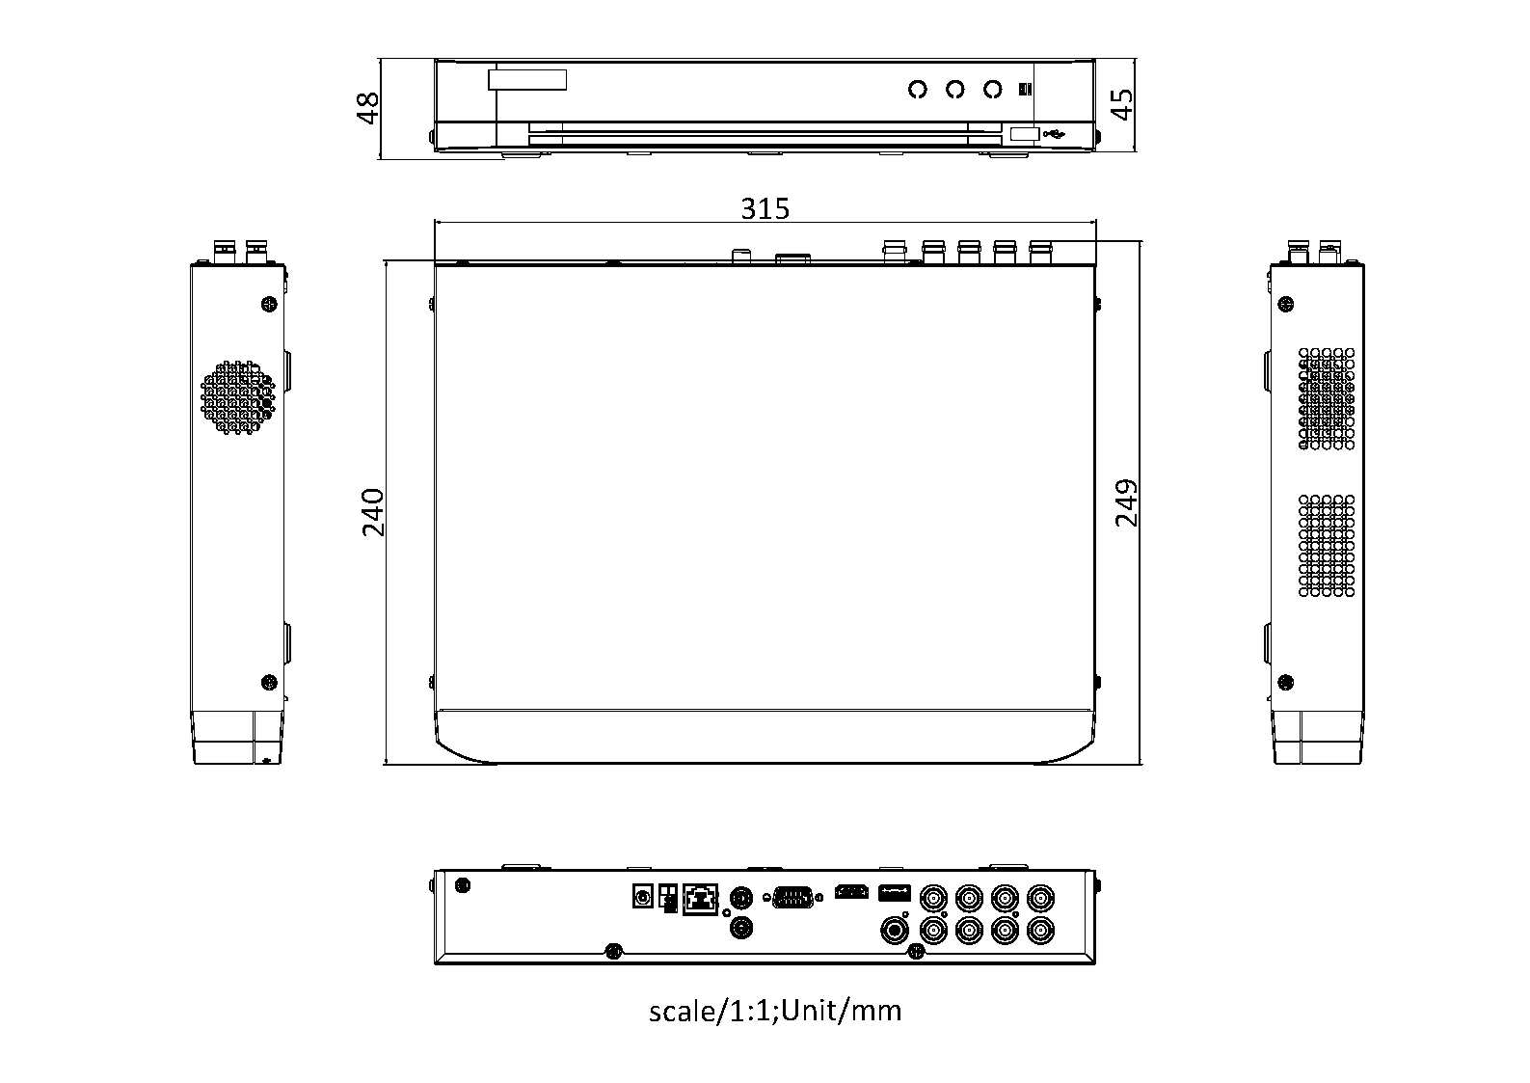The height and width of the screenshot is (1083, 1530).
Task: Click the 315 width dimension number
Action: coord(765,208)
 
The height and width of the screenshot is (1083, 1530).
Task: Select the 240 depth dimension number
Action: coord(373,512)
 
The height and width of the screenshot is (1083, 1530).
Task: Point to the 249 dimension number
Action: coord(1126,502)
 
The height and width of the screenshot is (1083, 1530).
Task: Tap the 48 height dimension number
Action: coord(367,108)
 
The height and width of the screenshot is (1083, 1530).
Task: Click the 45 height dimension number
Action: coord(1121,104)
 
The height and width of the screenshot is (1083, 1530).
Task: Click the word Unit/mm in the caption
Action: coord(841,1011)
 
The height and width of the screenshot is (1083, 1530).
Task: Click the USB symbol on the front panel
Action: coord(1054,134)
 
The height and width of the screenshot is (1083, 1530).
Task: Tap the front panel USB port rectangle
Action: coord(1025,134)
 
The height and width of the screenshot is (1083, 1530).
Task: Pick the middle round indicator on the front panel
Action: coord(954,90)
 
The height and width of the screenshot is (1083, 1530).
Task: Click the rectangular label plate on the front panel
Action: coord(527,79)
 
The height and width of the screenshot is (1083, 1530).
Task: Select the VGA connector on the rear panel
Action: coord(792,897)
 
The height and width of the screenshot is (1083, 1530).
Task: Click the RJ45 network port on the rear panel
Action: coord(700,899)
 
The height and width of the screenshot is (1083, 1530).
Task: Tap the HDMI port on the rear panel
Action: coord(851,892)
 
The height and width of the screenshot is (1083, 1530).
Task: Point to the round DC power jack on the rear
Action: coord(643,896)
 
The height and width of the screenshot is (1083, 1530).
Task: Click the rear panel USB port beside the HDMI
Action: coord(894,892)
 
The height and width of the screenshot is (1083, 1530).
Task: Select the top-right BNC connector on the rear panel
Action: coord(1040,898)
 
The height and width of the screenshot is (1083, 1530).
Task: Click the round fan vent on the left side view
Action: coord(237,397)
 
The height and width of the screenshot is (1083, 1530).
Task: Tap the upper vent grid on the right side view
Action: coord(1327,398)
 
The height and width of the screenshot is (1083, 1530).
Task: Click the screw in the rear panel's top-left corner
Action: coord(463,885)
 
